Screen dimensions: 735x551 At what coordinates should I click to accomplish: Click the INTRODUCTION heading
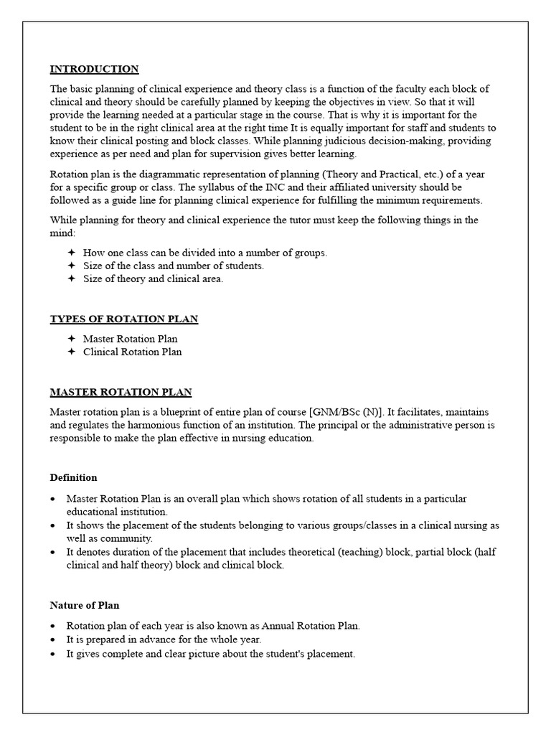(94, 70)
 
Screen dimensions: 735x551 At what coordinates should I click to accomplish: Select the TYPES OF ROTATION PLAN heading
(123, 319)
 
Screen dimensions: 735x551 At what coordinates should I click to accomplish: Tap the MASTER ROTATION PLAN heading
(121, 393)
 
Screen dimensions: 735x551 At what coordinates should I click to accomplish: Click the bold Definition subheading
(73, 477)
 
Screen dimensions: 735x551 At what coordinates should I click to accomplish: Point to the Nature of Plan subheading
(79, 605)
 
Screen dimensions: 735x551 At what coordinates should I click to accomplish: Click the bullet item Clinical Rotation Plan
(132, 352)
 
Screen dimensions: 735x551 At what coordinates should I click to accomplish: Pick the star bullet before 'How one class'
(71, 253)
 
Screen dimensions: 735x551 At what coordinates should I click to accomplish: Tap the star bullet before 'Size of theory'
(71, 279)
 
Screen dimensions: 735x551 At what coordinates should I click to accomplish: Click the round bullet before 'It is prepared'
(54, 640)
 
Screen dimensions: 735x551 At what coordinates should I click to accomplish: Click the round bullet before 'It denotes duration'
(54, 552)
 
